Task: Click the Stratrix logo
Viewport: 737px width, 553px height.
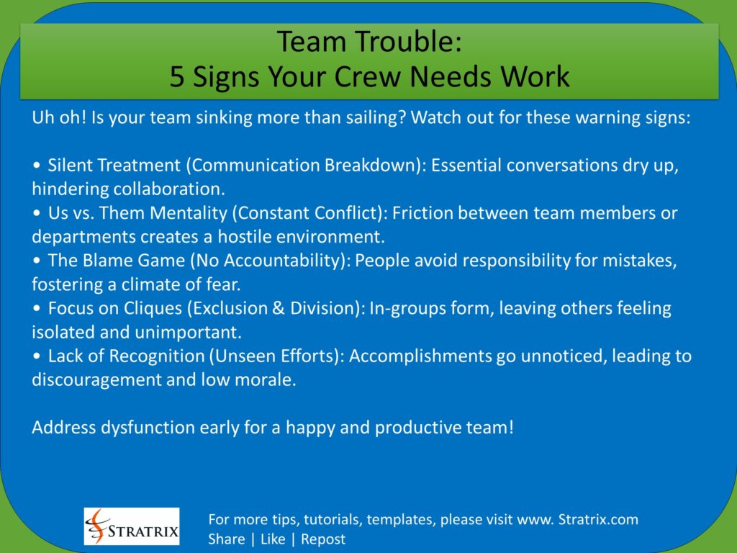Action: [132, 526]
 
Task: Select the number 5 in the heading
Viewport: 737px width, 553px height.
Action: [177, 76]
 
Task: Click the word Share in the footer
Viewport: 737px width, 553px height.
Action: [226, 539]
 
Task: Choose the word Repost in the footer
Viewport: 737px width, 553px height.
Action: [323, 539]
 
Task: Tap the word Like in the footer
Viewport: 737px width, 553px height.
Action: [273, 539]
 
